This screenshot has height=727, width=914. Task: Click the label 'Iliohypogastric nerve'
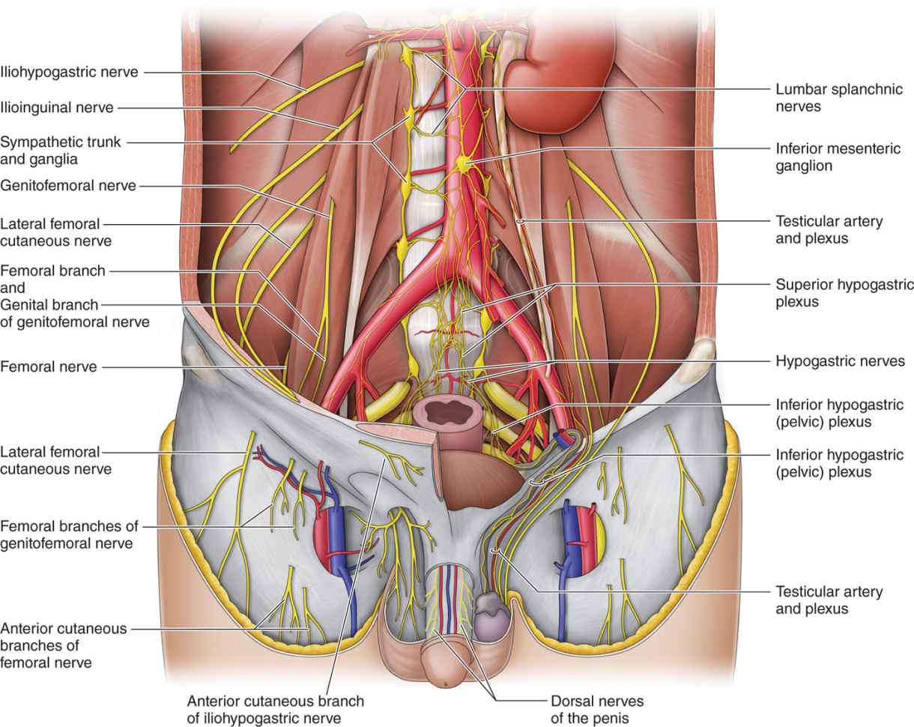point(70,72)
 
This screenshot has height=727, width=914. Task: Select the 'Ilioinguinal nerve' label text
point(57,107)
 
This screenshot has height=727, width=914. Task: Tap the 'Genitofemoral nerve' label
point(68,185)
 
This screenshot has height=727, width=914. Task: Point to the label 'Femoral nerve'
point(49,367)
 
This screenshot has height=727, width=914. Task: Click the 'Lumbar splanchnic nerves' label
point(822,97)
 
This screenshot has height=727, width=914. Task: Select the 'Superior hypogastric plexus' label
point(844,293)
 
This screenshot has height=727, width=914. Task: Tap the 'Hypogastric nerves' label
point(840,361)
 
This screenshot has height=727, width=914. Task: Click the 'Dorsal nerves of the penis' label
point(597,709)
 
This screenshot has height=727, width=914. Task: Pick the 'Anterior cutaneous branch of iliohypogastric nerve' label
point(275,709)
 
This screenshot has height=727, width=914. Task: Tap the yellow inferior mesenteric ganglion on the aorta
point(465,162)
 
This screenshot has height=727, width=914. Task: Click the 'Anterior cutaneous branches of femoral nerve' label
point(63,645)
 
